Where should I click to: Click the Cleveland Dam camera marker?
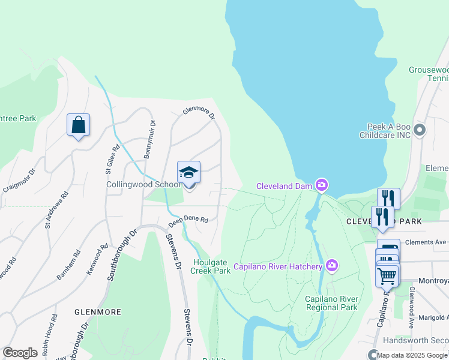pos(322,185)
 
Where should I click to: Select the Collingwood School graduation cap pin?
pos(188,173)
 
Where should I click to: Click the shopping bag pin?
pos(78,125)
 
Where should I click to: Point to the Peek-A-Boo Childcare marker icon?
pos(420,129)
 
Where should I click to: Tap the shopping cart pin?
pos(387,277)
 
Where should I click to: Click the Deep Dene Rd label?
pos(188,220)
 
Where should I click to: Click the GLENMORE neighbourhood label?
pos(97,312)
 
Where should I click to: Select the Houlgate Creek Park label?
pos(211,266)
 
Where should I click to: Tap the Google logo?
pos(20,353)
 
